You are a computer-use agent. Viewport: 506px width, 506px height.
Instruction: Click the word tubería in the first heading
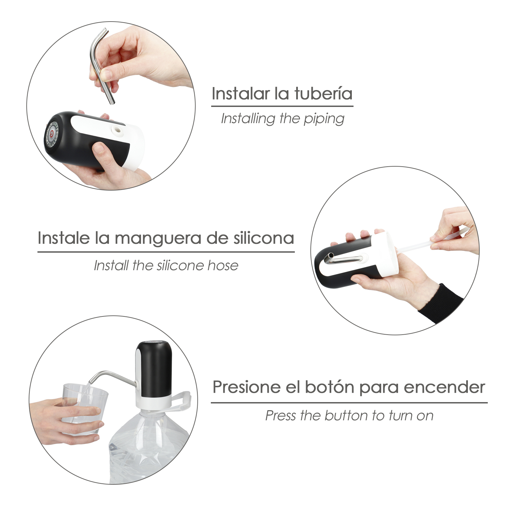click(x=323, y=93)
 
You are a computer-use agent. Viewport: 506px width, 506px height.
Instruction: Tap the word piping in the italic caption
click(x=324, y=119)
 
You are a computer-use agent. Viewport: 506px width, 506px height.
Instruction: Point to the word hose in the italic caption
click(x=223, y=265)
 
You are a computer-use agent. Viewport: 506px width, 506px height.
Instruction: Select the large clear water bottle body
click(x=148, y=445)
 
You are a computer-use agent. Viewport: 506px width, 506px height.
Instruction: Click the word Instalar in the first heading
click(x=241, y=93)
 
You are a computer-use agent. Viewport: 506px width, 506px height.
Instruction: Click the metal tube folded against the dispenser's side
click(x=343, y=260)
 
